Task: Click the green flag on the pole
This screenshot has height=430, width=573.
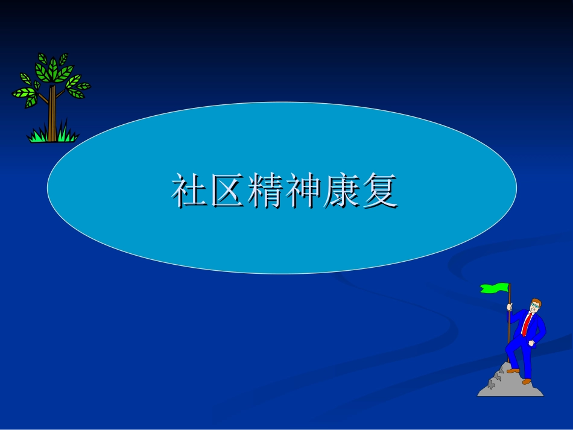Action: pyautogui.click(x=495, y=288)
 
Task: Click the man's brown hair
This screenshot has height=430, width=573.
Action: pyautogui.click(x=537, y=301)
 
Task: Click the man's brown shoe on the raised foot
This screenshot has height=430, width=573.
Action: pyautogui.click(x=513, y=370)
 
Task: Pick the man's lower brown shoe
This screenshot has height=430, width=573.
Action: pyautogui.click(x=527, y=382)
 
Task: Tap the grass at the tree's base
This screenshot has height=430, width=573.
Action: pyautogui.click(x=52, y=136)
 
